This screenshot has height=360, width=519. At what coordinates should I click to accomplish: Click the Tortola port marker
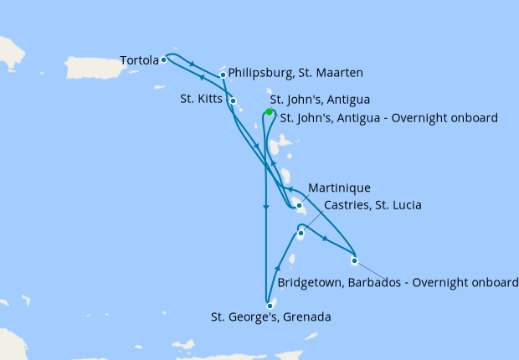pos(164,59)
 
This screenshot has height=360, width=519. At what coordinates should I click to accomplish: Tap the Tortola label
pos(139,60)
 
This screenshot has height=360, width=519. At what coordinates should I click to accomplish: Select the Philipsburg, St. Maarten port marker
pos(223,75)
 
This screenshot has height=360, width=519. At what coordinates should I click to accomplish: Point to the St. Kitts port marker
pos(234,101)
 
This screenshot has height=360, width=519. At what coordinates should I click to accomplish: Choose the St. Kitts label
pos(202,99)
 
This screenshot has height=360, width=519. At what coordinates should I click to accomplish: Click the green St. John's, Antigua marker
pos(269,111)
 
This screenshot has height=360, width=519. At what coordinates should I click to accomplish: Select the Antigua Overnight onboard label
pos(388,117)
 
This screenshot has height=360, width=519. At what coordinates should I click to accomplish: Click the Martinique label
pos(339,187)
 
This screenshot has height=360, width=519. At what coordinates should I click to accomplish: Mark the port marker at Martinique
pos(299,205)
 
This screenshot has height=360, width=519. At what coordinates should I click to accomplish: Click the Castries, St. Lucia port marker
pos(301,234)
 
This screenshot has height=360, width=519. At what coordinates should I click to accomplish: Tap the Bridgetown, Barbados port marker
pos(354,260)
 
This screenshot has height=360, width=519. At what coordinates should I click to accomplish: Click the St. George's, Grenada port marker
pos(270,306)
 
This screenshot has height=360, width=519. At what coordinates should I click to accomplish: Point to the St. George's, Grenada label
pos(270,317)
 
